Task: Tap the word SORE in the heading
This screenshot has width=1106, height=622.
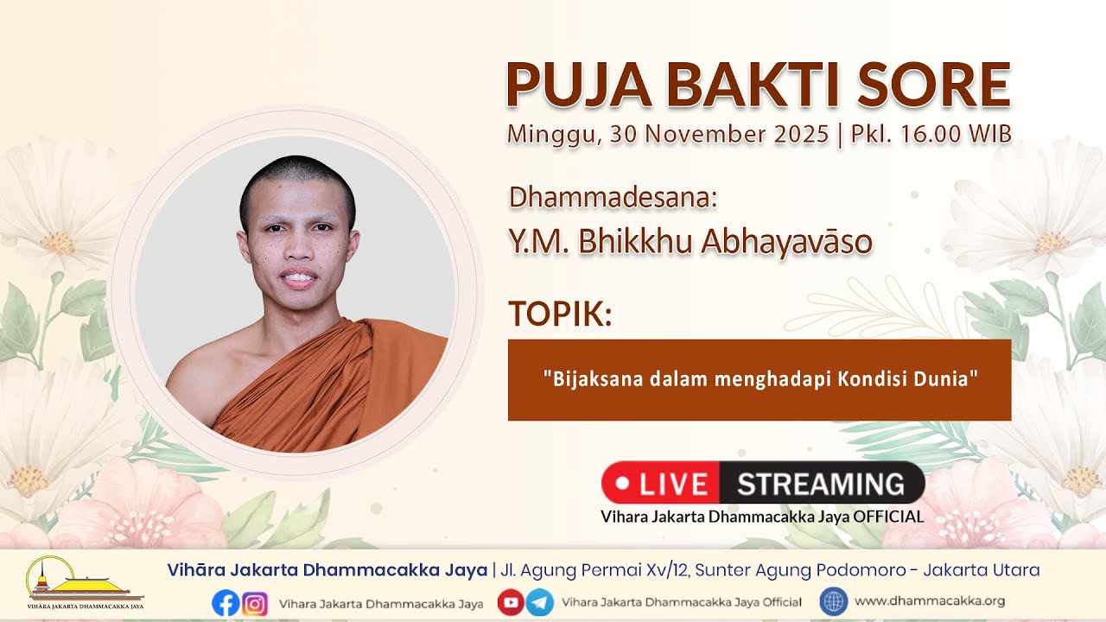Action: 935,85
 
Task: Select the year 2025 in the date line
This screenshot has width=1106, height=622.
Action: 801,134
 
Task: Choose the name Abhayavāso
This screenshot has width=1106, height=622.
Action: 787,242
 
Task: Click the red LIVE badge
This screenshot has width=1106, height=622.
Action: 661,483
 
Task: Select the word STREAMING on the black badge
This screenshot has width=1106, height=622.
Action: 821,484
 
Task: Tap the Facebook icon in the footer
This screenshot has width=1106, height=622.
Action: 226,603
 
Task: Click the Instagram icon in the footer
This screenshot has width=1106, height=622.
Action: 255,603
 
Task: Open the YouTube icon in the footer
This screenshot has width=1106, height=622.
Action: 511,602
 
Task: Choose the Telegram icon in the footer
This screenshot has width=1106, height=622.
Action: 540,602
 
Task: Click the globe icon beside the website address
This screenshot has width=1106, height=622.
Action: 834,602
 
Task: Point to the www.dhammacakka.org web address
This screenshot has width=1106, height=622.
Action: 930,600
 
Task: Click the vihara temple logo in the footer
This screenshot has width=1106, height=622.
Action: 86,582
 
